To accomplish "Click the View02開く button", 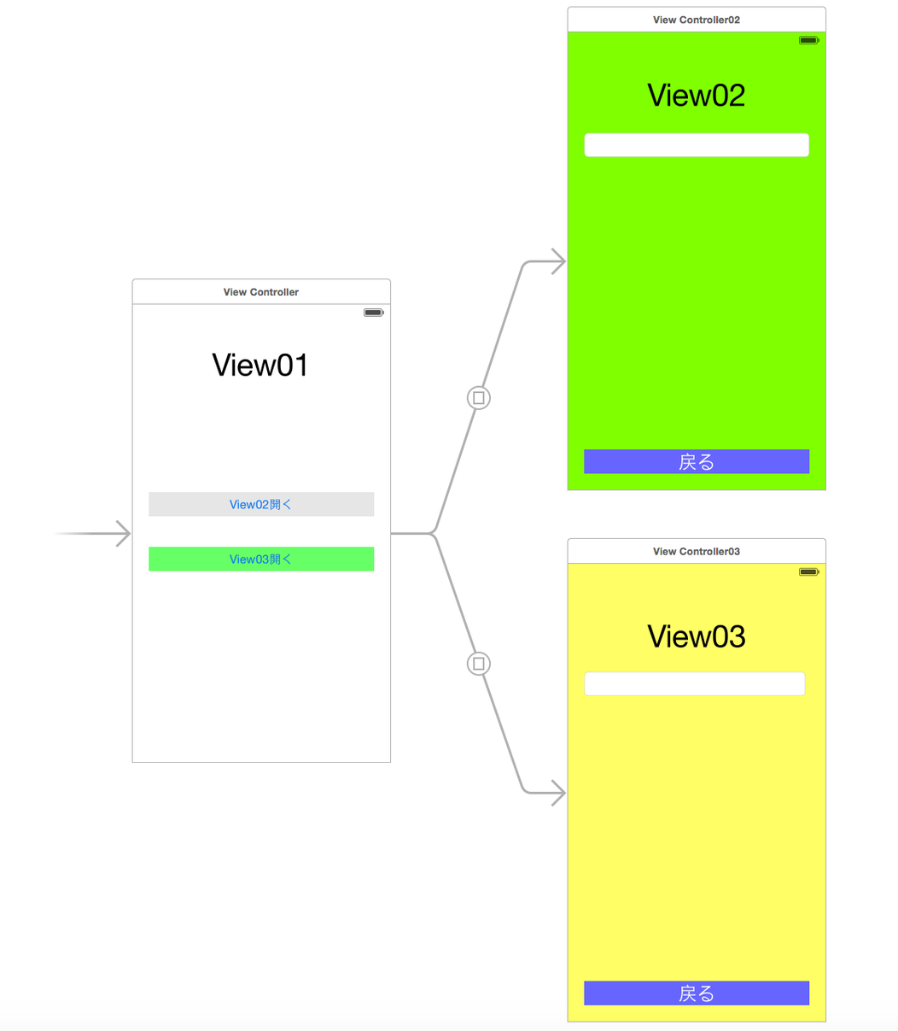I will pos(261,504).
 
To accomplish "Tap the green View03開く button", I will pos(261,559).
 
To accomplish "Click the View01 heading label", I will pos(260,365).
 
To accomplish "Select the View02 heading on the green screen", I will pos(697,95).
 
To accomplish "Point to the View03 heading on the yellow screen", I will pos(697,636).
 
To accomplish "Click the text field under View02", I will pos(697,145).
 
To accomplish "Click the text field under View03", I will pos(695,683).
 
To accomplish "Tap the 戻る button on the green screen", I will pos(697,461).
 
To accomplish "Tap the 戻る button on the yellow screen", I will pos(697,993).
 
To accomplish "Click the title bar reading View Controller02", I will pos(697,20).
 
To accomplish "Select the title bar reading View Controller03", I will pos(697,551).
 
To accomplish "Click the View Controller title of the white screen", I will pos(261,292).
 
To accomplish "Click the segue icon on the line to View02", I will pos(479,397).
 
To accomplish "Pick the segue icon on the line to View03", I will pos(479,664).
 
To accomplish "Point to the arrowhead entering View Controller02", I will pos(557,261).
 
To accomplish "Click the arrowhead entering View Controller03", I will pos(557,794).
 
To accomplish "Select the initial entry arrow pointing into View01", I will pos(120,534).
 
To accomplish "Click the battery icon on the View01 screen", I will pos(374,313).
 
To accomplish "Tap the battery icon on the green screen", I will pos(808,40).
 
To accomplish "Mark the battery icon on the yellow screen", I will pos(808,571).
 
